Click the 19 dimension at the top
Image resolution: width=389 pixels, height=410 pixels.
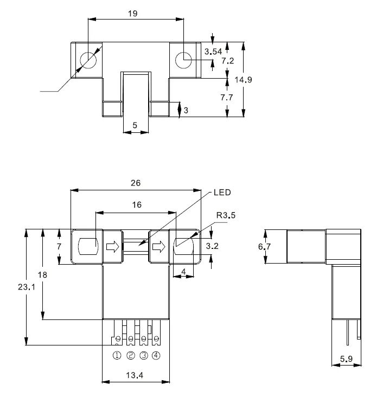click(x=132, y=14)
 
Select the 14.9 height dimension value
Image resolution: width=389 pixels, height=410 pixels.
click(x=243, y=80)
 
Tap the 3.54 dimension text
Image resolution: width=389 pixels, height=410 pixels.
click(x=213, y=52)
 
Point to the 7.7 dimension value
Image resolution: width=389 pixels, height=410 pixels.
click(x=227, y=97)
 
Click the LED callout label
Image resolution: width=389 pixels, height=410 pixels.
click(x=222, y=193)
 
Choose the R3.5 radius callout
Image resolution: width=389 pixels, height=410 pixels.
click(x=226, y=215)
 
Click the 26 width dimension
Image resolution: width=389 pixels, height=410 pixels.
click(x=136, y=183)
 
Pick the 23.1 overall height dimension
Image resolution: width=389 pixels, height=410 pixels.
click(x=27, y=287)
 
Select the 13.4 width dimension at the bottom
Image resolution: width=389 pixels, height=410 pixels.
click(x=135, y=375)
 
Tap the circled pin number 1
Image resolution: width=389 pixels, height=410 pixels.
click(x=117, y=355)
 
